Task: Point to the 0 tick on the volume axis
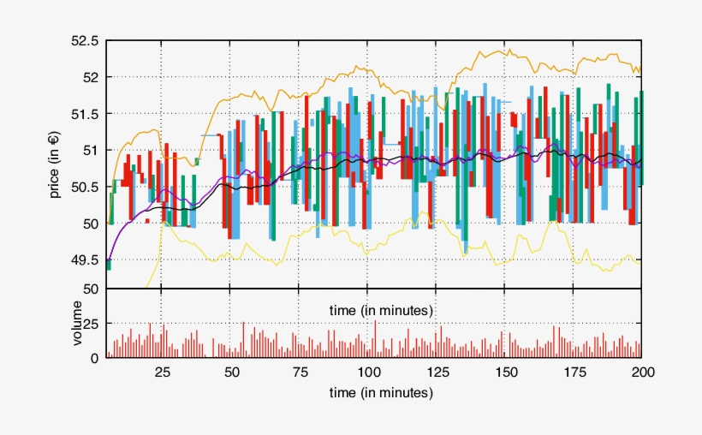pos(95,359)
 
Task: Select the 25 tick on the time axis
pos(162,372)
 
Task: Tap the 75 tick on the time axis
pos(300,372)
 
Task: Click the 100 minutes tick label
pos(368,372)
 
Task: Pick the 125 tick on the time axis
pos(437,372)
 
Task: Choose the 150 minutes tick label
pos(505,372)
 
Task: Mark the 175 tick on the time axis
pos(574,372)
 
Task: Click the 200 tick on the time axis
pos(642,372)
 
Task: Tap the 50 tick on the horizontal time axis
pos(231,372)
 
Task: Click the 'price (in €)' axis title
pos(55,164)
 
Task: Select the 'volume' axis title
pos(77,324)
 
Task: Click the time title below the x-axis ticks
pos(381,393)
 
